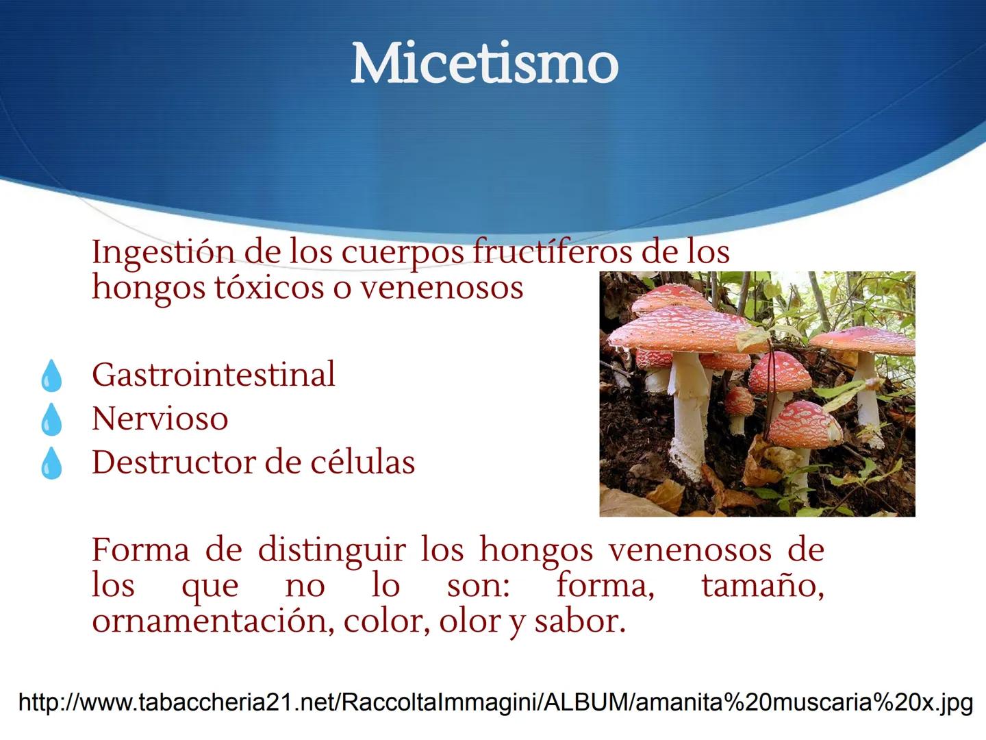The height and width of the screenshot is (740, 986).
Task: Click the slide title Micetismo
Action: [x=485, y=64]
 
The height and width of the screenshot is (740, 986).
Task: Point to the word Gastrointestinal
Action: [x=214, y=375]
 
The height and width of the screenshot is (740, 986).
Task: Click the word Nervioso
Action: [x=160, y=419]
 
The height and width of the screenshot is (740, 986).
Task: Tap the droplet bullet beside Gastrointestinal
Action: [x=51, y=377]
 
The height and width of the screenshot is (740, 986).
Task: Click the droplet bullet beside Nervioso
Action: [x=51, y=420]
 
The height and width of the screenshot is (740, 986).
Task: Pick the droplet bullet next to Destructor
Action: [x=51, y=464]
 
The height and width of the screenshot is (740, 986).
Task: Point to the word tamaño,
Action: [x=762, y=586]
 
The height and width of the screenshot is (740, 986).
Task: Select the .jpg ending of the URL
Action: [x=954, y=703]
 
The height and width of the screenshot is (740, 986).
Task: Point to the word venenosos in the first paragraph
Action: [x=442, y=288]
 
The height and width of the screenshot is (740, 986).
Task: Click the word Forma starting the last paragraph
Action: [x=140, y=550]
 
